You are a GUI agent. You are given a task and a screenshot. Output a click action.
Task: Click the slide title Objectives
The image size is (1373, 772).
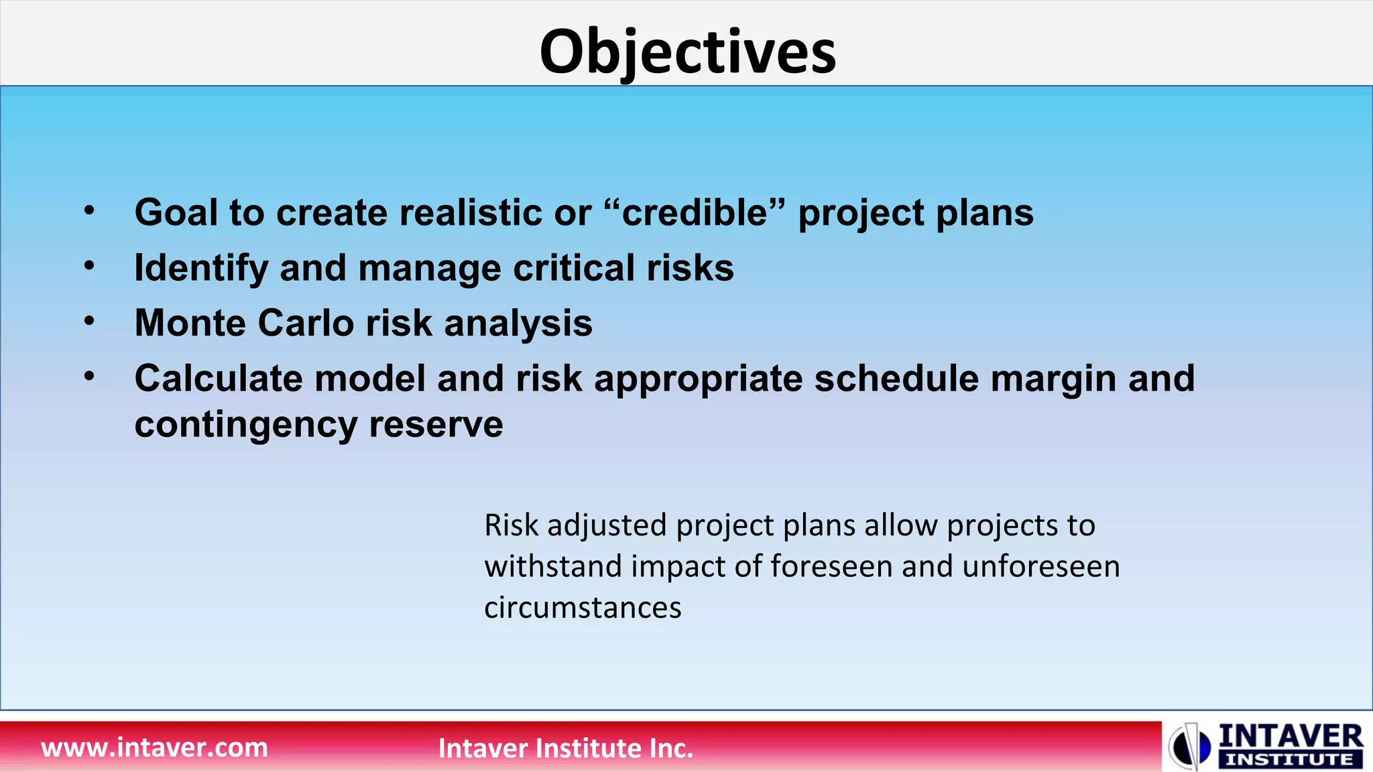tap(688, 53)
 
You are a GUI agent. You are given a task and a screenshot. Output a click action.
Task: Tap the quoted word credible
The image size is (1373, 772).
tap(695, 212)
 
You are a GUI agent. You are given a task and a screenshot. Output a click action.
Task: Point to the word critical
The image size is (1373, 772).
tap(574, 267)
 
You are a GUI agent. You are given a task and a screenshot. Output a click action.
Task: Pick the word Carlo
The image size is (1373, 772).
tap(306, 323)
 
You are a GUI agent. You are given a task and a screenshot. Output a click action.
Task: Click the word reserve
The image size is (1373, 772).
tap(436, 425)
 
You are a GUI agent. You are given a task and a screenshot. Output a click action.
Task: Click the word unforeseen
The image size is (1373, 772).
tap(1041, 566)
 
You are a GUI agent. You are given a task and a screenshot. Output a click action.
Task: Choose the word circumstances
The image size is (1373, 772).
tap(583, 608)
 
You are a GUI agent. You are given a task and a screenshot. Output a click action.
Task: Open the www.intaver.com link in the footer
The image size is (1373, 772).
tap(154, 747)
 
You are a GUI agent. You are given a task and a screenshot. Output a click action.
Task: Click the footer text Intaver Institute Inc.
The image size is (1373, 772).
tap(566, 748)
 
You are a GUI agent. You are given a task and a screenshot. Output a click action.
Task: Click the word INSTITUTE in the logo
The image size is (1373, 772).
tap(1289, 760)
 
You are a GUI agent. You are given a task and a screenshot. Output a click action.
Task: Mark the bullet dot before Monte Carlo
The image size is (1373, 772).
tap(90, 322)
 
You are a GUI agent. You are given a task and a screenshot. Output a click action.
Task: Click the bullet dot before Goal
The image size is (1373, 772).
tap(90, 211)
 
